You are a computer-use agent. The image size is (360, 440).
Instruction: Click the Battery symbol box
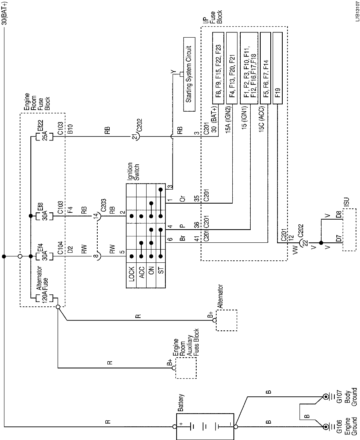click(x=205, y=426)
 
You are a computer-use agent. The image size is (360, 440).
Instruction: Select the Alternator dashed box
click(x=226, y=320)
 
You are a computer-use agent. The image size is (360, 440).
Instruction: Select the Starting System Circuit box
click(x=189, y=75)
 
